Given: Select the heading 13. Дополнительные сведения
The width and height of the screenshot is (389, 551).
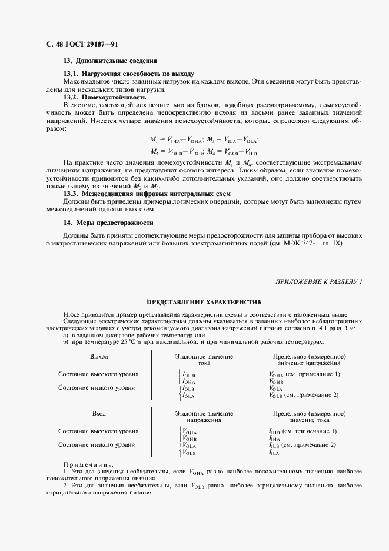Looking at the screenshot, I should click(109, 61).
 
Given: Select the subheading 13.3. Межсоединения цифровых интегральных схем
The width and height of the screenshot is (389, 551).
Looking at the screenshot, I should click(147, 194).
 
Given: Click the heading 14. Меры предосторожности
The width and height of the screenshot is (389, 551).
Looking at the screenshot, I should click(108, 223).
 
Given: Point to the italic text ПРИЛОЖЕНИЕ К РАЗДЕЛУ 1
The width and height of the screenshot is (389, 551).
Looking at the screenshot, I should click(319, 283).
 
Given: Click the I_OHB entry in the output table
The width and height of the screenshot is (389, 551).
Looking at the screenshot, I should click(188, 374).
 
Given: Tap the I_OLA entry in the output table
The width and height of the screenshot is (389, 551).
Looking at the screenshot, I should click(188, 396).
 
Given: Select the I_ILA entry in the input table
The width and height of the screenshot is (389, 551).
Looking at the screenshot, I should click(274, 453).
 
